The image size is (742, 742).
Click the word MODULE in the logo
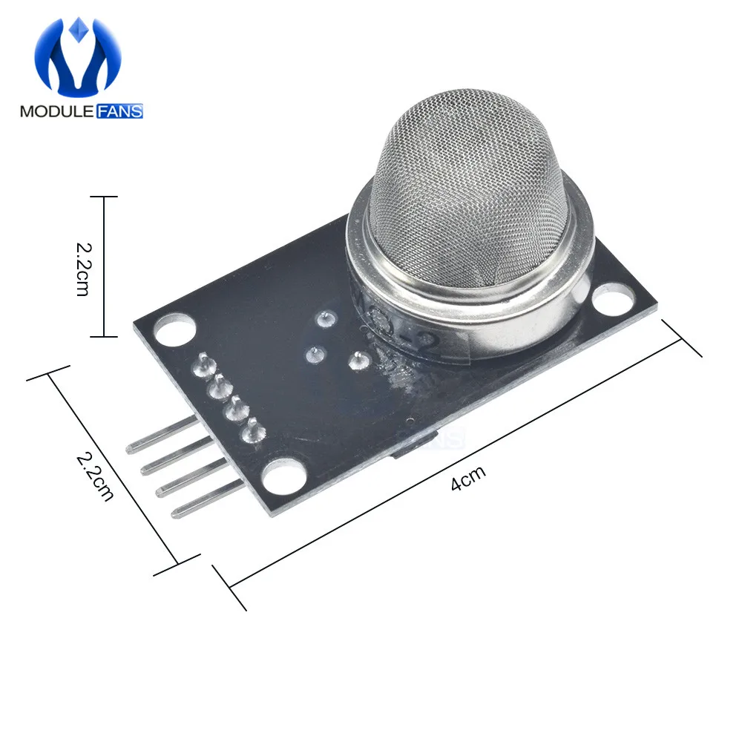[x=56, y=112]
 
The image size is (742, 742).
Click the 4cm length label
[x=466, y=481]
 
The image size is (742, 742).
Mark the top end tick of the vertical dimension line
[x=103, y=197]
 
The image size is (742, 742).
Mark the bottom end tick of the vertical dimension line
[x=103, y=336]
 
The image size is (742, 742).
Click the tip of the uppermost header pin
[x=131, y=449]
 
